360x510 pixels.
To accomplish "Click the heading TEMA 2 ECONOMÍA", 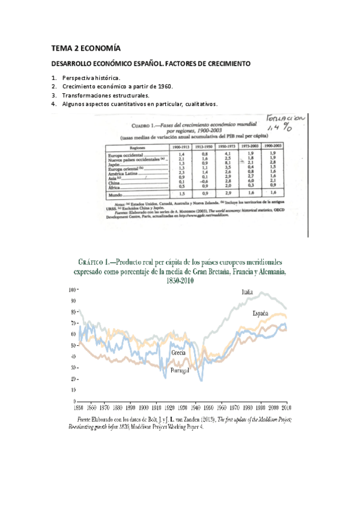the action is [x=86, y=48].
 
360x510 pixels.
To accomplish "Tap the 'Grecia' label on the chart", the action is [x=178, y=352].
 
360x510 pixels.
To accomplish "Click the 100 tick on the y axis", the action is [x=72, y=290].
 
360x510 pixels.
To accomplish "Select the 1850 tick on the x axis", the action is [x=79, y=405].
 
